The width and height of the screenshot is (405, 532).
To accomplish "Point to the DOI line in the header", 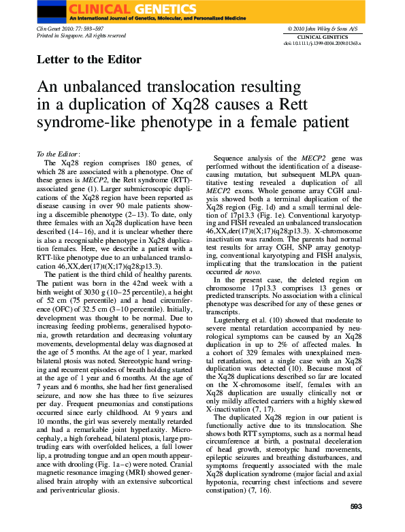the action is pyautogui.click(x=323, y=43).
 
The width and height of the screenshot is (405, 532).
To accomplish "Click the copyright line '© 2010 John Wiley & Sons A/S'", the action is pyautogui.click(x=322, y=29).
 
